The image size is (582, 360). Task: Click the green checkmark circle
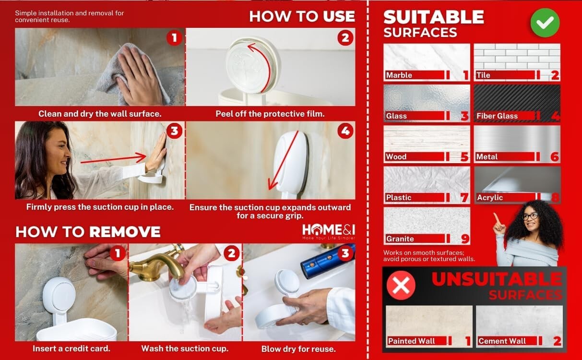(x=545, y=23)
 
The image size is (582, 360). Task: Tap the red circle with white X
(x=401, y=285)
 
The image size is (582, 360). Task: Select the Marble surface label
(x=399, y=75)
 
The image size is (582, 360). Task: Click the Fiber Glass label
(x=497, y=116)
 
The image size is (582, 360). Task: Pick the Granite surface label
(x=400, y=239)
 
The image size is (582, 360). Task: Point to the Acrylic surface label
(x=490, y=198)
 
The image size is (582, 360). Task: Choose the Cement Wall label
(x=502, y=341)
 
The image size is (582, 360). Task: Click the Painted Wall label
(x=411, y=341)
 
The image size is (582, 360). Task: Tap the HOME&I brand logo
(x=329, y=232)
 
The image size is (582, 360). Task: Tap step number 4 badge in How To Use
(x=345, y=131)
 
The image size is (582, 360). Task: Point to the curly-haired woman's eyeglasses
(x=530, y=216)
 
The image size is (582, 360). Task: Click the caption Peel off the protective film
(x=270, y=114)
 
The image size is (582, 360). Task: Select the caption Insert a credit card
(x=71, y=348)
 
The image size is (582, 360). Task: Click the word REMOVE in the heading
(x=125, y=231)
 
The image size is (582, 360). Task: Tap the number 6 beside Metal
(x=555, y=157)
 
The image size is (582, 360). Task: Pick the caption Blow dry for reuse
(x=298, y=349)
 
